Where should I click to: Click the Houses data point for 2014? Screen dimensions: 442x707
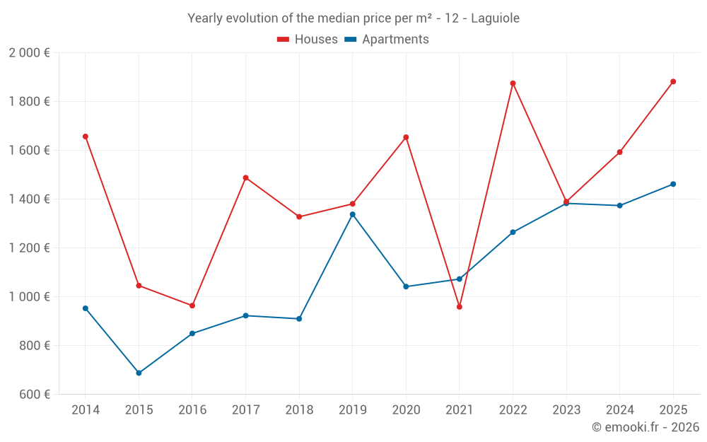(x=86, y=136)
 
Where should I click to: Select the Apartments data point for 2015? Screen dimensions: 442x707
(x=139, y=373)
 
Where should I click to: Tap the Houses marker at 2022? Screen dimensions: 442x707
(x=513, y=83)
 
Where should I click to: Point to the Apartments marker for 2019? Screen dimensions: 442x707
(x=353, y=214)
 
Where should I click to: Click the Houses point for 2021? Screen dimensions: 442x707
(x=460, y=307)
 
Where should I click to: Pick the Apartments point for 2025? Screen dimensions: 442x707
(x=673, y=184)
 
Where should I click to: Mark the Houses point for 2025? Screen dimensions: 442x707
(x=673, y=81)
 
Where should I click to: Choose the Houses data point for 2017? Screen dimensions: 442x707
(x=245, y=178)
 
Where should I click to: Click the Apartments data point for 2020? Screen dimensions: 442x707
(x=406, y=286)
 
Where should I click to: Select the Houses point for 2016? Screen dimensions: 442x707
(x=192, y=306)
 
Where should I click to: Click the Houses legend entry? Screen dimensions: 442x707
(x=308, y=40)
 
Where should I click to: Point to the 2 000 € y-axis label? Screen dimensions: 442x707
(x=29, y=53)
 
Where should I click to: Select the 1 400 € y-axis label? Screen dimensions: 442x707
(x=29, y=199)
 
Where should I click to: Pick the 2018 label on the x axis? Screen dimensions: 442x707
(x=299, y=409)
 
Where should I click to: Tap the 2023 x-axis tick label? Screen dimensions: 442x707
(x=566, y=409)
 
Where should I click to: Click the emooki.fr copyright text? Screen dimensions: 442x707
(x=645, y=427)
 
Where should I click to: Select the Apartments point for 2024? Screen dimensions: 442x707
(x=619, y=206)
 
